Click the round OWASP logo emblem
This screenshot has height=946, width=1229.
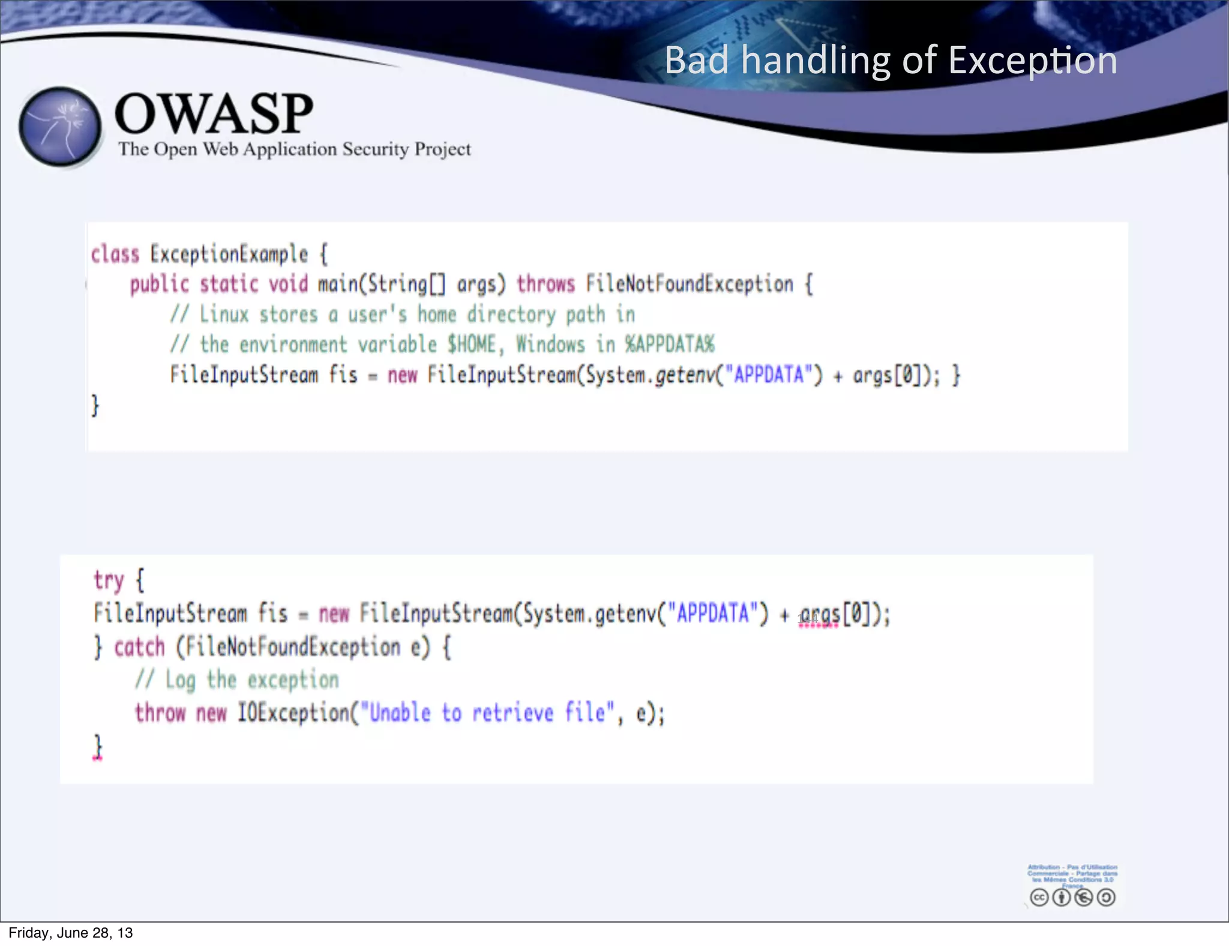[x=60, y=127]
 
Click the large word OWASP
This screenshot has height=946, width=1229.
[x=214, y=113]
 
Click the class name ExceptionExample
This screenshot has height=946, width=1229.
[x=229, y=255]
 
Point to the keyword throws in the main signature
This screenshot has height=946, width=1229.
[x=545, y=284]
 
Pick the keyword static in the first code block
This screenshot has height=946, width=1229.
[x=228, y=284]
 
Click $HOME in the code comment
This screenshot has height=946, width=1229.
[x=472, y=345]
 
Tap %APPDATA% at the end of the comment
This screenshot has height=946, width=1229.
[x=670, y=345]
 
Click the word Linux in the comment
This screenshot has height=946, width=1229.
[x=224, y=315]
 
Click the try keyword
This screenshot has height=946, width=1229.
[x=109, y=580]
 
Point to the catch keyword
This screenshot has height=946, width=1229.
[x=139, y=648]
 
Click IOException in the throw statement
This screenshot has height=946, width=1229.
[x=293, y=713]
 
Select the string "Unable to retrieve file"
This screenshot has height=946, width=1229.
[x=488, y=713]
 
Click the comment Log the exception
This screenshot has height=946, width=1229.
[x=251, y=680]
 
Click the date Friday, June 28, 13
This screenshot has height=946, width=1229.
[x=71, y=933]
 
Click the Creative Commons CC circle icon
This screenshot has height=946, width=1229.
[x=1039, y=897]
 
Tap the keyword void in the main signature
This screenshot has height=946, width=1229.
[x=288, y=284]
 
